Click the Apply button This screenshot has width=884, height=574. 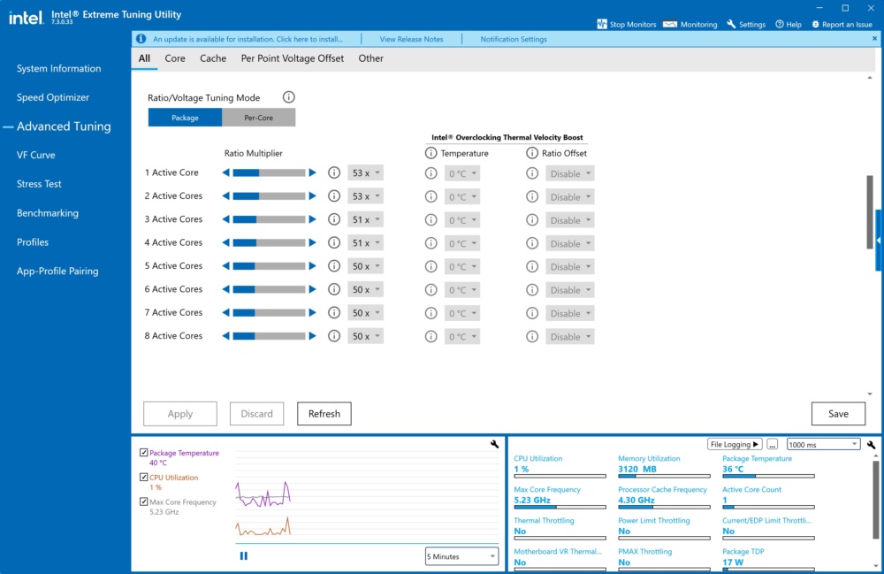tap(179, 414)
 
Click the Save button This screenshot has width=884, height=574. tap(838, 414)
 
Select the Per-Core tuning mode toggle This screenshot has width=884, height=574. tap(259, 118)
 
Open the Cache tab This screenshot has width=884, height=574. tap(213, 58)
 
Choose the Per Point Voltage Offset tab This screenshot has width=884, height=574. tap(292, 58)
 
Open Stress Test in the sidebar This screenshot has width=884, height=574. tap(39, 184)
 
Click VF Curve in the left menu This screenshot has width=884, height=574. tap(36, 155)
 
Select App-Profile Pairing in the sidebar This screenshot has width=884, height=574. tap(57, 272)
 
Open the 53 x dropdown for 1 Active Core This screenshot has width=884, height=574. tap(365, 173)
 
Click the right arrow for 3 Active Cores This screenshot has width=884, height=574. tap(312, 219)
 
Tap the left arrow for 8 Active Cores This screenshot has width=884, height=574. tap(225, 336)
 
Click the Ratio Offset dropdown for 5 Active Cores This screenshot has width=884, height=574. tap(570, 267)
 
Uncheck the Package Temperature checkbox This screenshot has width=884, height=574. tap(144, 453)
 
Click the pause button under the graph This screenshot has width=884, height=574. tap(244, 556)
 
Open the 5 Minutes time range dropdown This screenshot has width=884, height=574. tap(461, 556)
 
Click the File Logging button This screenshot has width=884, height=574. tap(735, 444)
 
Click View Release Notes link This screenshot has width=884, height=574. tap(412, 40)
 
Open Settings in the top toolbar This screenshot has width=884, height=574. tap(746, 24)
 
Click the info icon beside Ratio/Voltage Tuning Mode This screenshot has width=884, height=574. tap(289, 97)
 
